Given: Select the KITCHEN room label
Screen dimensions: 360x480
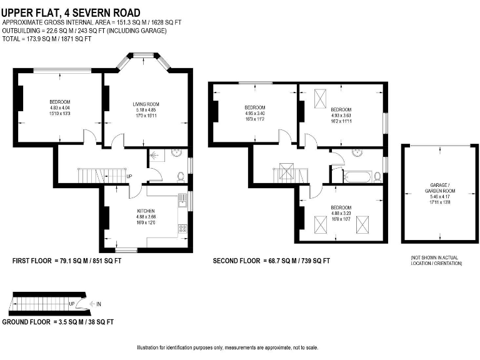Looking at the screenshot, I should coord(146,211).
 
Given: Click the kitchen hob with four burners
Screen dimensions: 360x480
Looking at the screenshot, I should coord(183,229).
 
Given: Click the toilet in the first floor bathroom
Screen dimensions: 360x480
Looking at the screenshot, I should coord(180,176).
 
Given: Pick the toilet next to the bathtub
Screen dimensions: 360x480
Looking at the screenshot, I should coord(377,176).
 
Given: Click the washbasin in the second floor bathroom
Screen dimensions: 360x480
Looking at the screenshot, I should coord(358,152).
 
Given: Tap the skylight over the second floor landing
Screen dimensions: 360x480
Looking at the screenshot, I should coord(287,171).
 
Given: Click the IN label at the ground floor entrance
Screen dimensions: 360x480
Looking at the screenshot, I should coord(99,304).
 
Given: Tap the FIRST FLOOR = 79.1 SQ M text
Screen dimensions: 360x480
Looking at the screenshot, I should coord(67,261).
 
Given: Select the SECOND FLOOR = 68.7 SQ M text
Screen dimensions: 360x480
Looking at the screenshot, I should coord(271,261).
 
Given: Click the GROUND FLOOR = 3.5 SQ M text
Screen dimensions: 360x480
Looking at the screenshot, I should coord(57,322).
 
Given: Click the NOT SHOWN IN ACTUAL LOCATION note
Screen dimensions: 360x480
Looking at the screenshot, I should coord(436,261).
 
